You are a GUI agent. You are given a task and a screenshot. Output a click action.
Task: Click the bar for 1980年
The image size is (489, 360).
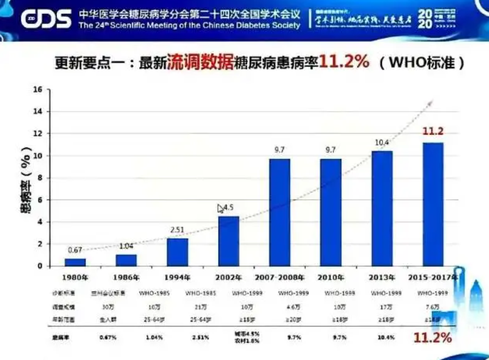75,262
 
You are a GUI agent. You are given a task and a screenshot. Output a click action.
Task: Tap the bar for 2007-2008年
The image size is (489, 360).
279,212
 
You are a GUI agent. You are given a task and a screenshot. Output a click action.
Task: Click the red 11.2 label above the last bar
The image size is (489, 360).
433,131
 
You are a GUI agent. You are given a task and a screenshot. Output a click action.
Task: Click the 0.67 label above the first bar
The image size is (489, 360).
75,250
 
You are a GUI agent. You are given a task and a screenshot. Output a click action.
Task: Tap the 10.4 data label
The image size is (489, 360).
382,143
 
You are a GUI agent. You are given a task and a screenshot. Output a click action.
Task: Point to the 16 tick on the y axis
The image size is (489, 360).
37,90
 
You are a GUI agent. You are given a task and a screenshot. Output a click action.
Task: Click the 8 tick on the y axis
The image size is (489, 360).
39,178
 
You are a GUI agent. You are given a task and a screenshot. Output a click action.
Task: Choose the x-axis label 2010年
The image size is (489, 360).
331,277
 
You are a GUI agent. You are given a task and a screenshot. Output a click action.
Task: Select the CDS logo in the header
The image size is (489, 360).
46,19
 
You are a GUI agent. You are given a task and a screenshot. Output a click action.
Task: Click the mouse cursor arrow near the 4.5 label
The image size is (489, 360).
220,208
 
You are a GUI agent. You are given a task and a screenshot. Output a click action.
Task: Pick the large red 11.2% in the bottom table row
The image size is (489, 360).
432,337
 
